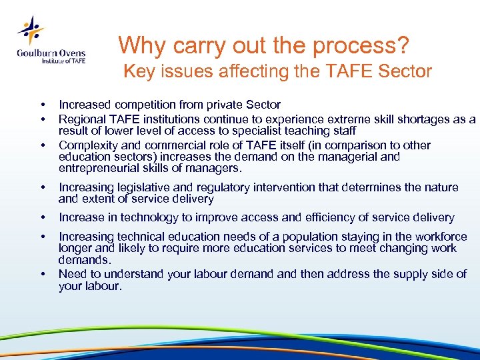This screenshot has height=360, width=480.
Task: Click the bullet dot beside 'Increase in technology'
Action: [x=43, y=217]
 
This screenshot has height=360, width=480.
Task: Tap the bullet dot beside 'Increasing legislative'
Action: [x=43, y=188]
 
